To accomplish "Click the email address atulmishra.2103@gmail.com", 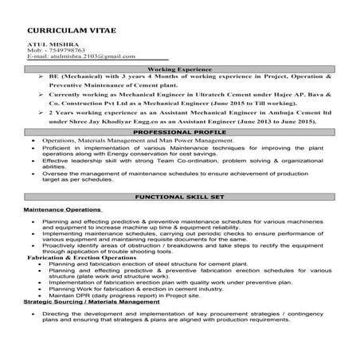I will click(75, 57).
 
